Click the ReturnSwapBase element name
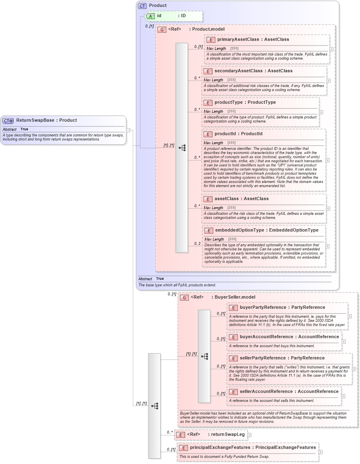[x=35, y=120]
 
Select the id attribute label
[x=159, y=16]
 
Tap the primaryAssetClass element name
[x=235, y=40]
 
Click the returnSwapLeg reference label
[x=226, y=435]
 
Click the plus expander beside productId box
[x=328, y=160]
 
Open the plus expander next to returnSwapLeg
[x=249, y=435]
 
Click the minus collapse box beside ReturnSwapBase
[x=128, y=130]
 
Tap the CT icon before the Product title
[x=142, y=6]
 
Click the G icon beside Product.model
[x=162, y=29]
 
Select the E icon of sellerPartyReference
[x=233, y=358]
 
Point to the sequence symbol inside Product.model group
[x=182, y=147]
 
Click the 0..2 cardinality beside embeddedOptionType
[x=197, y=244]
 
